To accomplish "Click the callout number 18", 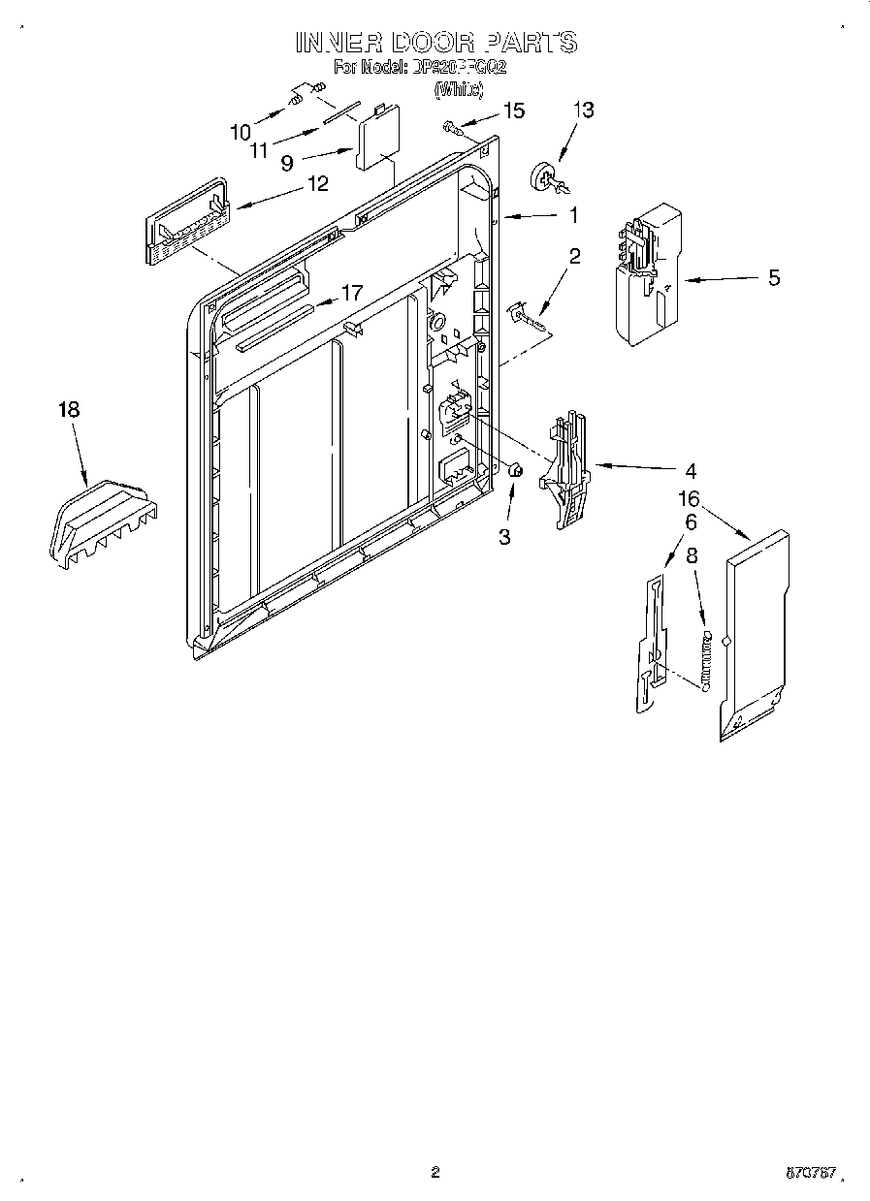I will (68, 410).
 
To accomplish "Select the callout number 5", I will (773, 278).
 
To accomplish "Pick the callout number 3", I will (504, 536).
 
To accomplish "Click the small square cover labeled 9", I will (378, 139).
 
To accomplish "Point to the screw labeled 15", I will (452, 125).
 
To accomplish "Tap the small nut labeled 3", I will (516, 471).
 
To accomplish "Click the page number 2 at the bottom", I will (435, 1173).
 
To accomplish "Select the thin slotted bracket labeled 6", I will (650, 645).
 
